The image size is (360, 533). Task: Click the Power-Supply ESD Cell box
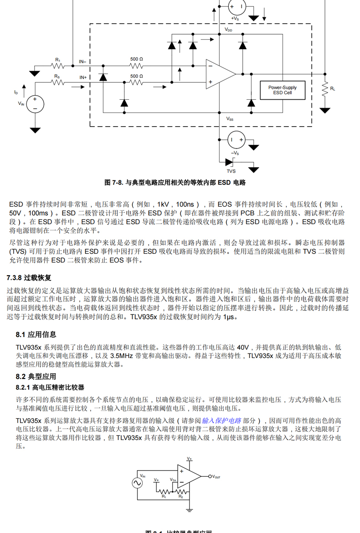click(282, 90)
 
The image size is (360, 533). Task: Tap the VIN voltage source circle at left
click(35, 104)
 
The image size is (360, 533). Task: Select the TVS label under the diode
click(231, 171)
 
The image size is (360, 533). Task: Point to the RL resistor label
click(333, 88)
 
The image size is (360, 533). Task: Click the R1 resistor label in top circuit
click(57, 60)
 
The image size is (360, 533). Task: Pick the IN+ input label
click(83, 78)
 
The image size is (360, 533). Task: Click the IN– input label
click(83, 61)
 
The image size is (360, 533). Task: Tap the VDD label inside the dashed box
click(228, 30)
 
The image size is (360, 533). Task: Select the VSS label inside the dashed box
click(230, 119)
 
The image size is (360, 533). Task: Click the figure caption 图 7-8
click(175, 183)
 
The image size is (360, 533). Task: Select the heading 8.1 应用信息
click(36, 335)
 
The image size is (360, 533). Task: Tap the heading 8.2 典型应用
click(36, 376)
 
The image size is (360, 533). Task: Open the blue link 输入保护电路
click(221, 420)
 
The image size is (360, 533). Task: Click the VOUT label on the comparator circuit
click(216, 477)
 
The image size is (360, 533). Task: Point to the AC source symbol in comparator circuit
click(137, 483)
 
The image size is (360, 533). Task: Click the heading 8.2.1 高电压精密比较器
click(50, 387)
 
